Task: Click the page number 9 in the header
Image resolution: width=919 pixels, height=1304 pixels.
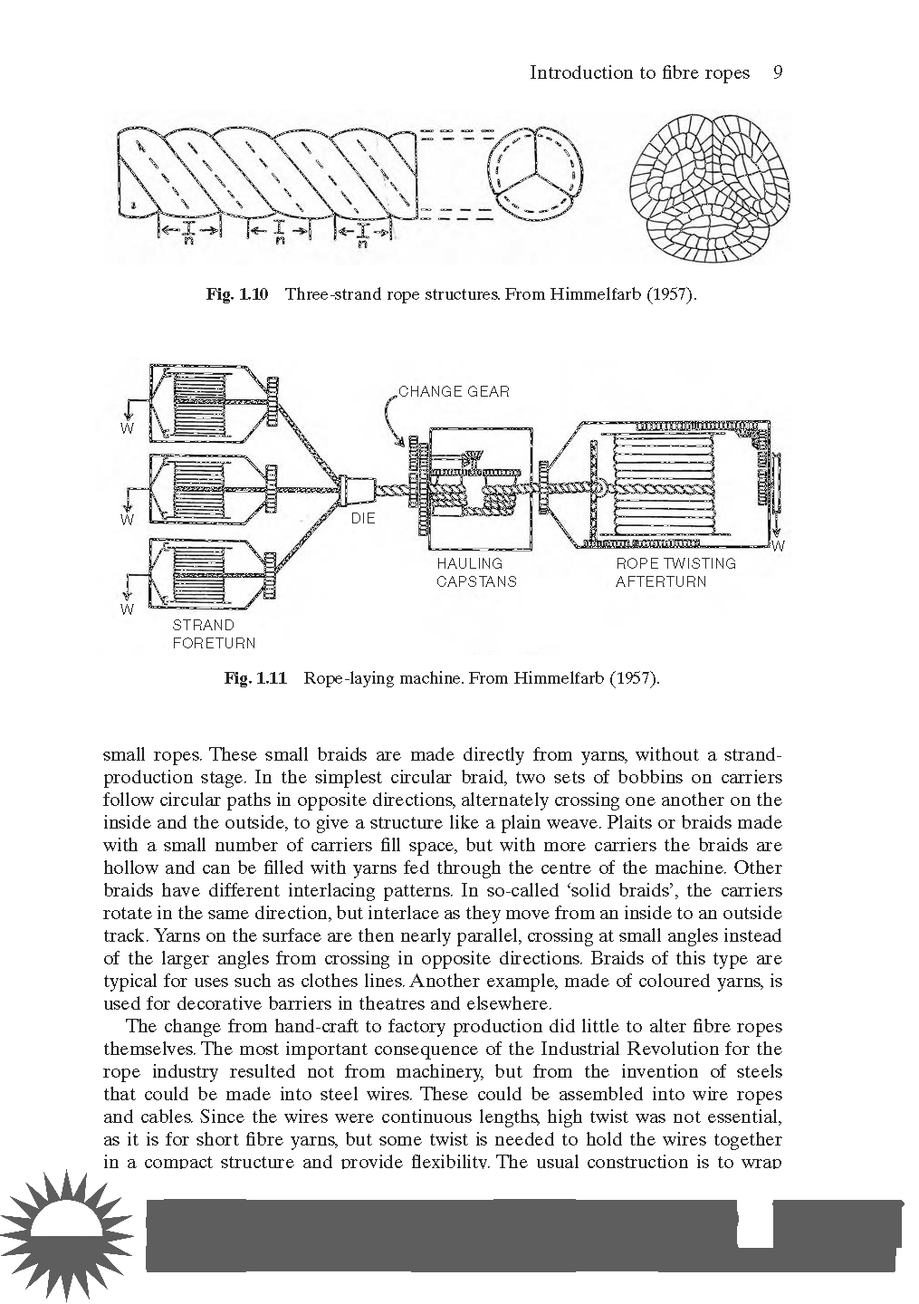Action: coord(777,72)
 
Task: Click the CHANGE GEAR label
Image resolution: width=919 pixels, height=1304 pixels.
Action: coord(454,391)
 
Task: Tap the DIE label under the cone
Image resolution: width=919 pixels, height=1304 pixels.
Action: coord(363,519)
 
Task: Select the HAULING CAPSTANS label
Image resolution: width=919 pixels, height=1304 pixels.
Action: coord(476,572)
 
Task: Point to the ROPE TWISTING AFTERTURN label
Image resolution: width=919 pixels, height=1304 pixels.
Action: coord(675,572)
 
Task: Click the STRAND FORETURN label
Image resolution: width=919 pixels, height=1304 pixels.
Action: coord(214,634)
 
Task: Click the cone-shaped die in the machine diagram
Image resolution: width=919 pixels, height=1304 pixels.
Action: coord(356,490)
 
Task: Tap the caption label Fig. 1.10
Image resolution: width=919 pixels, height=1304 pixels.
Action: coord(237,294)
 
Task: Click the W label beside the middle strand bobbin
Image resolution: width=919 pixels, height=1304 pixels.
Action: coord(128,520)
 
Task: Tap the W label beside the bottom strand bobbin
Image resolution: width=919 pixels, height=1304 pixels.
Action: coord(127,609)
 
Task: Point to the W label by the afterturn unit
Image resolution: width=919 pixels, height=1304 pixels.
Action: coord(778,546)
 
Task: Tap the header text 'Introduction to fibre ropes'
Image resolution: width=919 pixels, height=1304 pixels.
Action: coord(639,72)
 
